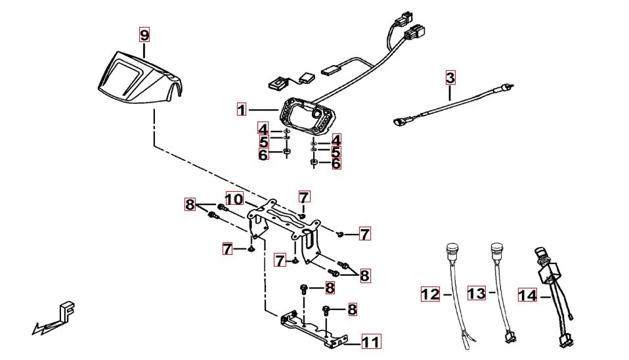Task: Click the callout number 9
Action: (144, 34)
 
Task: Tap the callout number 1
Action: (242, 110)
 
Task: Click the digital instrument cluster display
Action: (307, 116)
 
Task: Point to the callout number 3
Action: (450, 78)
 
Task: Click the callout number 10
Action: (234, 198)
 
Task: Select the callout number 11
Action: (370, 342)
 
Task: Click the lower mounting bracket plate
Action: (312, 326)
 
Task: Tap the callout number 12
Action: (430, 294)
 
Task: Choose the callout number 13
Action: (477, 292)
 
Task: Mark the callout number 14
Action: (527, 295)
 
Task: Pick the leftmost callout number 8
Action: (190, 204)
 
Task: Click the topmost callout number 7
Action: (303, 197)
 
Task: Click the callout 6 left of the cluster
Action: (263, 155)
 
